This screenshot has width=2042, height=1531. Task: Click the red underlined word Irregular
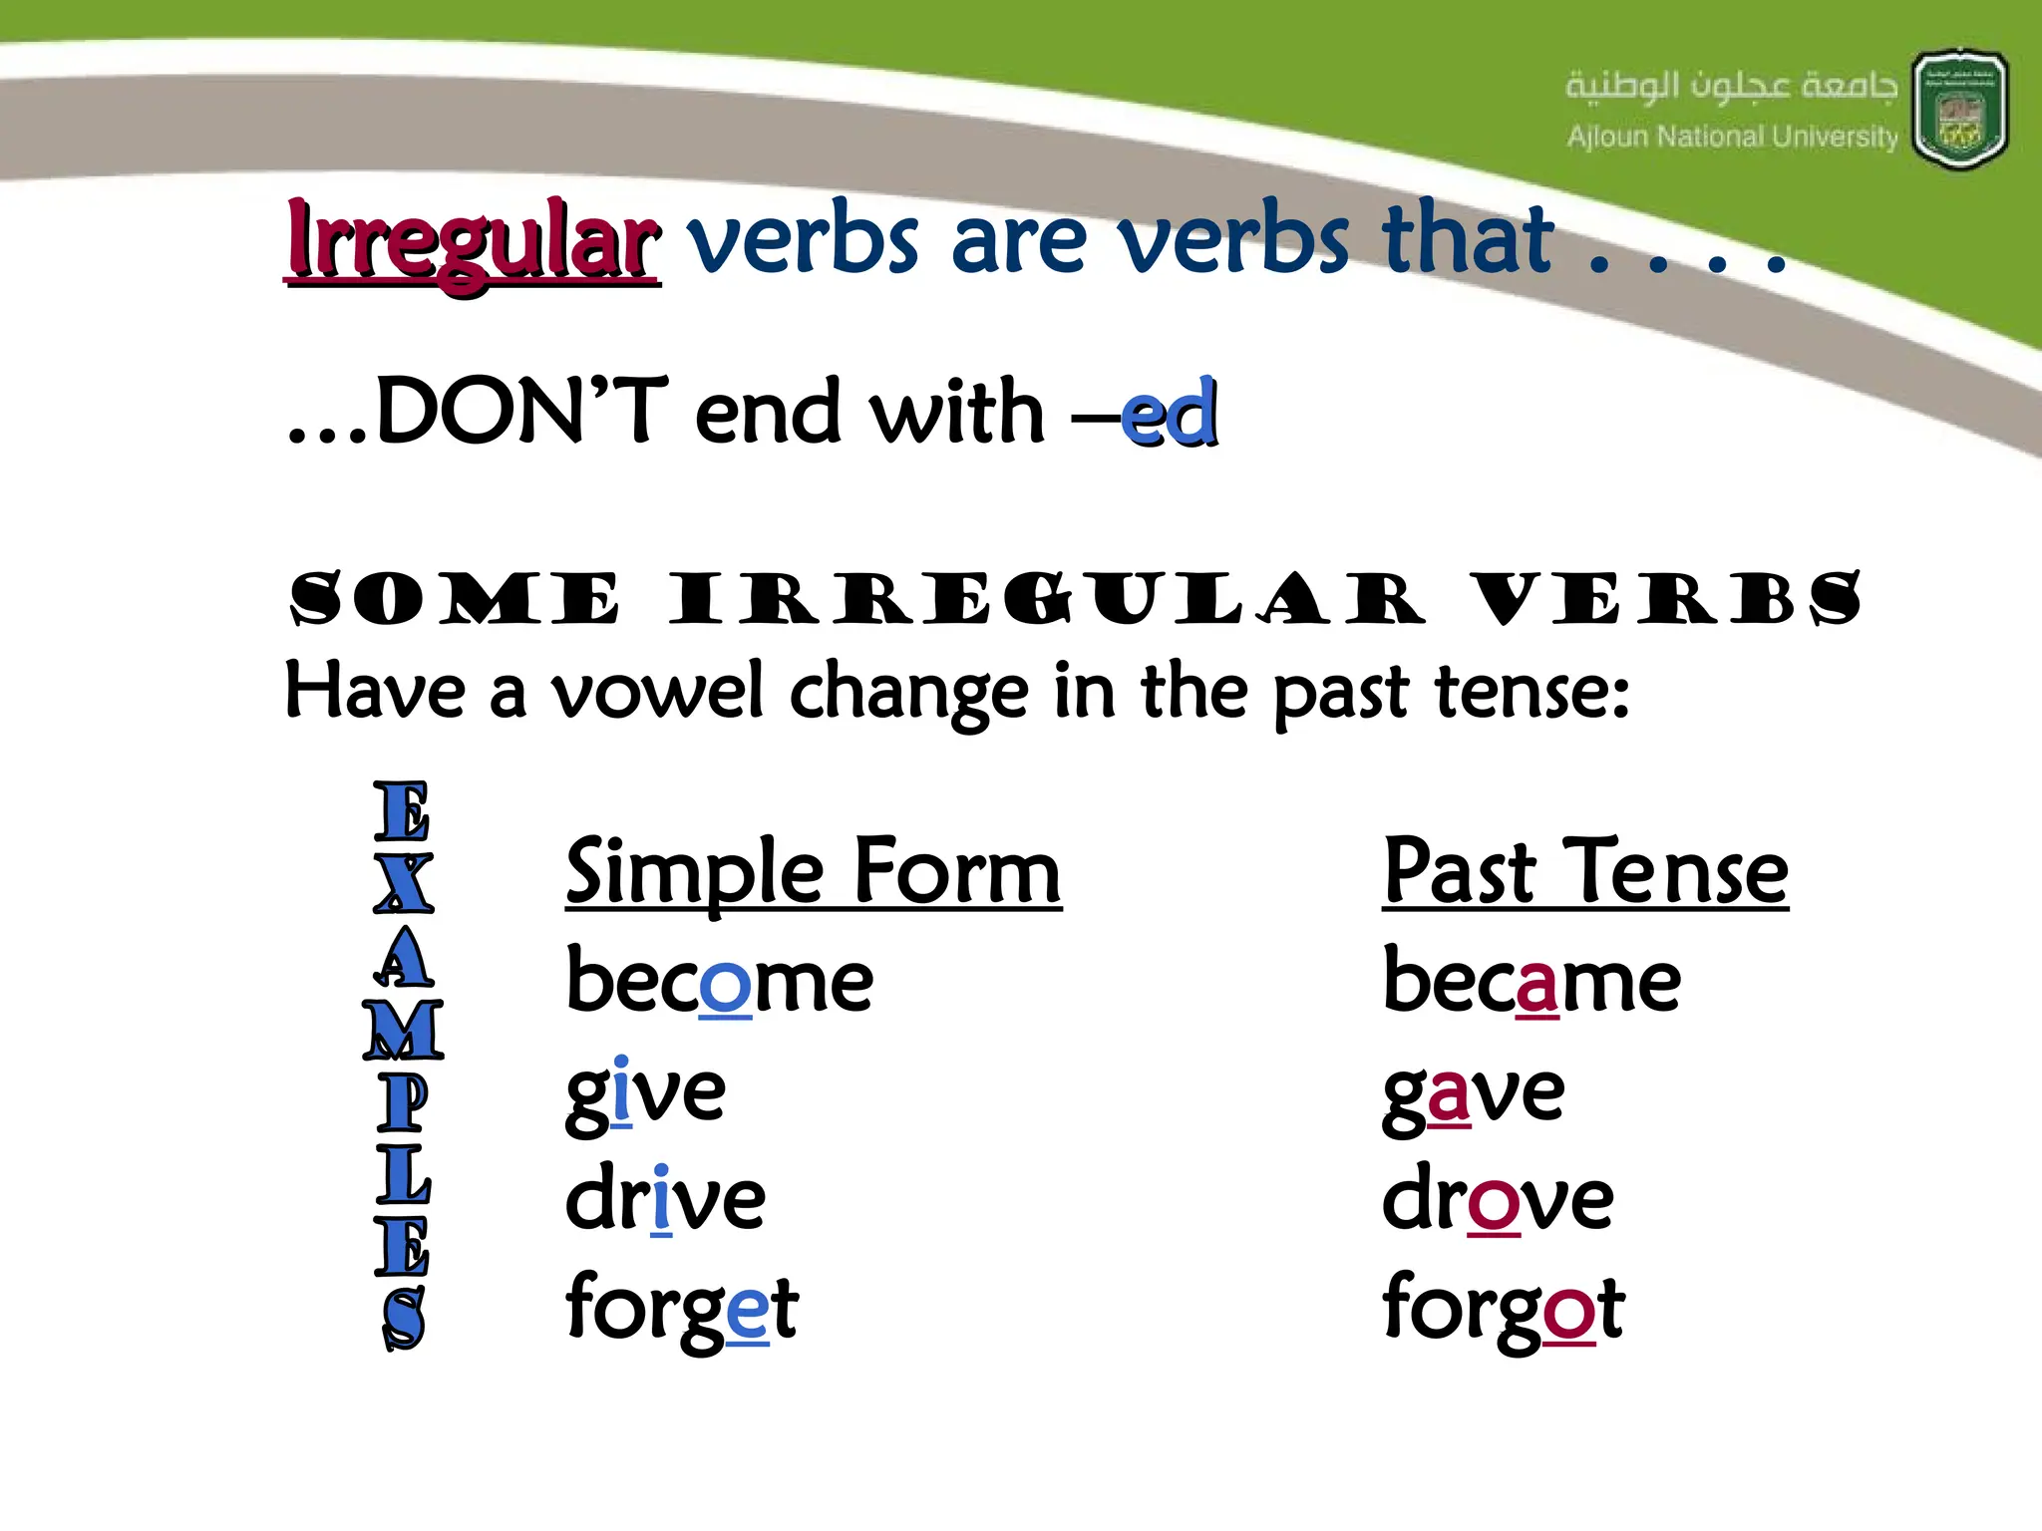click(473, 242)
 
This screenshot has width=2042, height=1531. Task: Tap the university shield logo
click(1959, 110)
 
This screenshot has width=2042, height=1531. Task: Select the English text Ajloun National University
click(1732, 137)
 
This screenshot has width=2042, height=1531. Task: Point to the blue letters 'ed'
click(1169, 413)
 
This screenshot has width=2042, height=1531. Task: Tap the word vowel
click(657, 691)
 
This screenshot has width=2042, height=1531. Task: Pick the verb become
click(719, 981)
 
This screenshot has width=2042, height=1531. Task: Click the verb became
click(1531, 981)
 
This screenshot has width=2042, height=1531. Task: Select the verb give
click(645, 1092)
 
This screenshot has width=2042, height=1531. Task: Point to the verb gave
click(1473, 1092)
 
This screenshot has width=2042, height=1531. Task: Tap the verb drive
click(665, 1199)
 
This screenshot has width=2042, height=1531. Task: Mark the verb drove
click(1497, 1199)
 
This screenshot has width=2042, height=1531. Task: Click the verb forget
click(682, 1308)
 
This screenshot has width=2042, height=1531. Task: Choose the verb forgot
click(1504, 1308)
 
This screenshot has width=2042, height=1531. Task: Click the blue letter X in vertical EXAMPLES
click(404, 883)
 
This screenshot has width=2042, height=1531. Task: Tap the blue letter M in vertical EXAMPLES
click(404, 1030)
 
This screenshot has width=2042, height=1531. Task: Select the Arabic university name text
click(1731, 86)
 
